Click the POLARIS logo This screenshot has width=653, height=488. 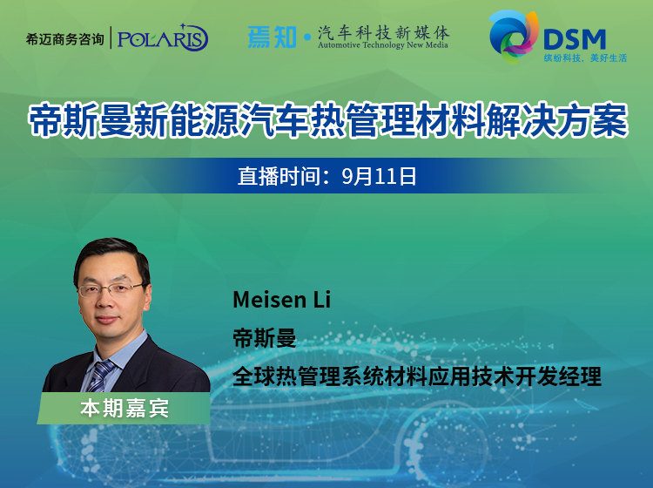(163, 38)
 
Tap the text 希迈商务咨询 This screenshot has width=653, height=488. (64, 39)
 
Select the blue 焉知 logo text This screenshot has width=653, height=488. (272, 37)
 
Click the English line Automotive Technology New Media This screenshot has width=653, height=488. (383, 45)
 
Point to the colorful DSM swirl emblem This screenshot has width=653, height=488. (513, 37)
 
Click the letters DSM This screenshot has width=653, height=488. (575, 39)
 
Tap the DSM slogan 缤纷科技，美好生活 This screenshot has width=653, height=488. (585, 58)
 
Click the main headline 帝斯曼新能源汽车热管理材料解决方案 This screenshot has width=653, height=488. (327, 120)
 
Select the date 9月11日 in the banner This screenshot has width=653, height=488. (379, 176)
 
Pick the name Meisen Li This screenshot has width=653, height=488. (281, 300)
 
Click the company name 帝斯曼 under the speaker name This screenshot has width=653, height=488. (265, 338)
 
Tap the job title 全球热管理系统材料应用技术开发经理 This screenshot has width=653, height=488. (417, 376)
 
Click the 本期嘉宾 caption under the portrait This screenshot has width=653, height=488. (125, 408)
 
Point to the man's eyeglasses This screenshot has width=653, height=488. (111, 289)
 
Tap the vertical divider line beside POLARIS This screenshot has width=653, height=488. (111, 37)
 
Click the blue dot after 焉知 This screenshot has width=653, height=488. (307, 37)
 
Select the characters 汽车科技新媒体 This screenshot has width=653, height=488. (384, 32)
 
